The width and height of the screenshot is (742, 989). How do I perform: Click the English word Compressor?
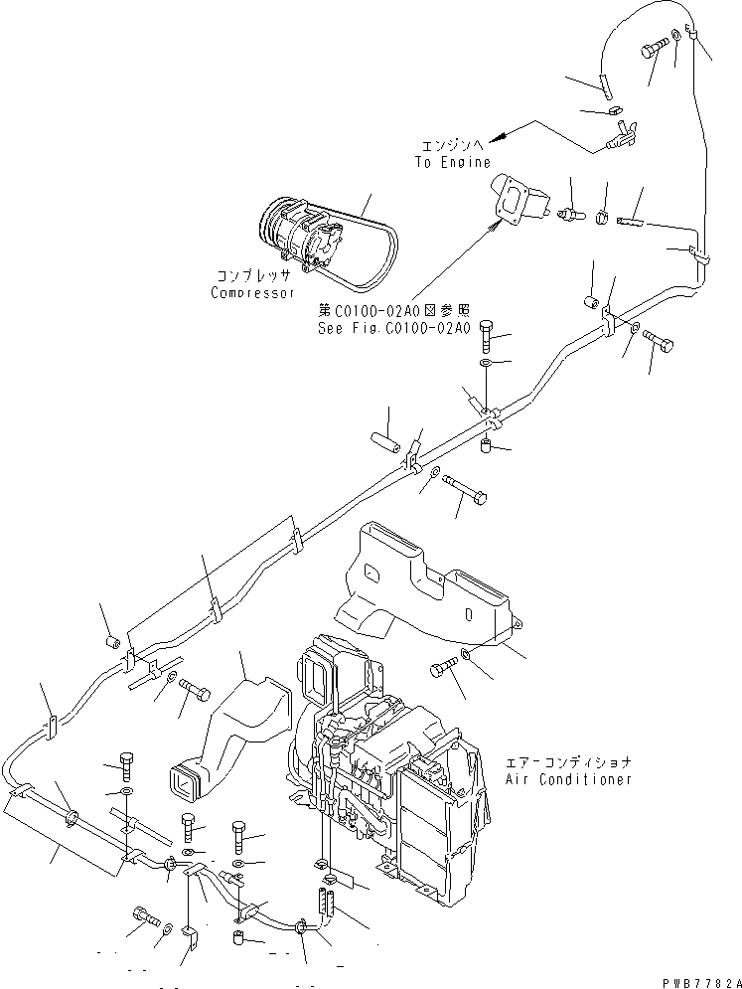tap(253, 293)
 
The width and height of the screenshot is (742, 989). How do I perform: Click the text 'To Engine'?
tap(452, 162)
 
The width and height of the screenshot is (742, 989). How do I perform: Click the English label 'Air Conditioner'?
tap(568, 779)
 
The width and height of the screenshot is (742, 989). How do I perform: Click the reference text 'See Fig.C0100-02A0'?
tap(393, 328)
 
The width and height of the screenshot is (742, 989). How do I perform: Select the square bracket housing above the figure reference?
tap(519, 201)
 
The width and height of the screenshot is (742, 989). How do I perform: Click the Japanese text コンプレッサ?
tap(252, 275)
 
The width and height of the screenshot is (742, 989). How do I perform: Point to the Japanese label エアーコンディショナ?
tap(568, 761)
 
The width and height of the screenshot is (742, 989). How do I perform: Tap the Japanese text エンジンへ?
tap(451, 145)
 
